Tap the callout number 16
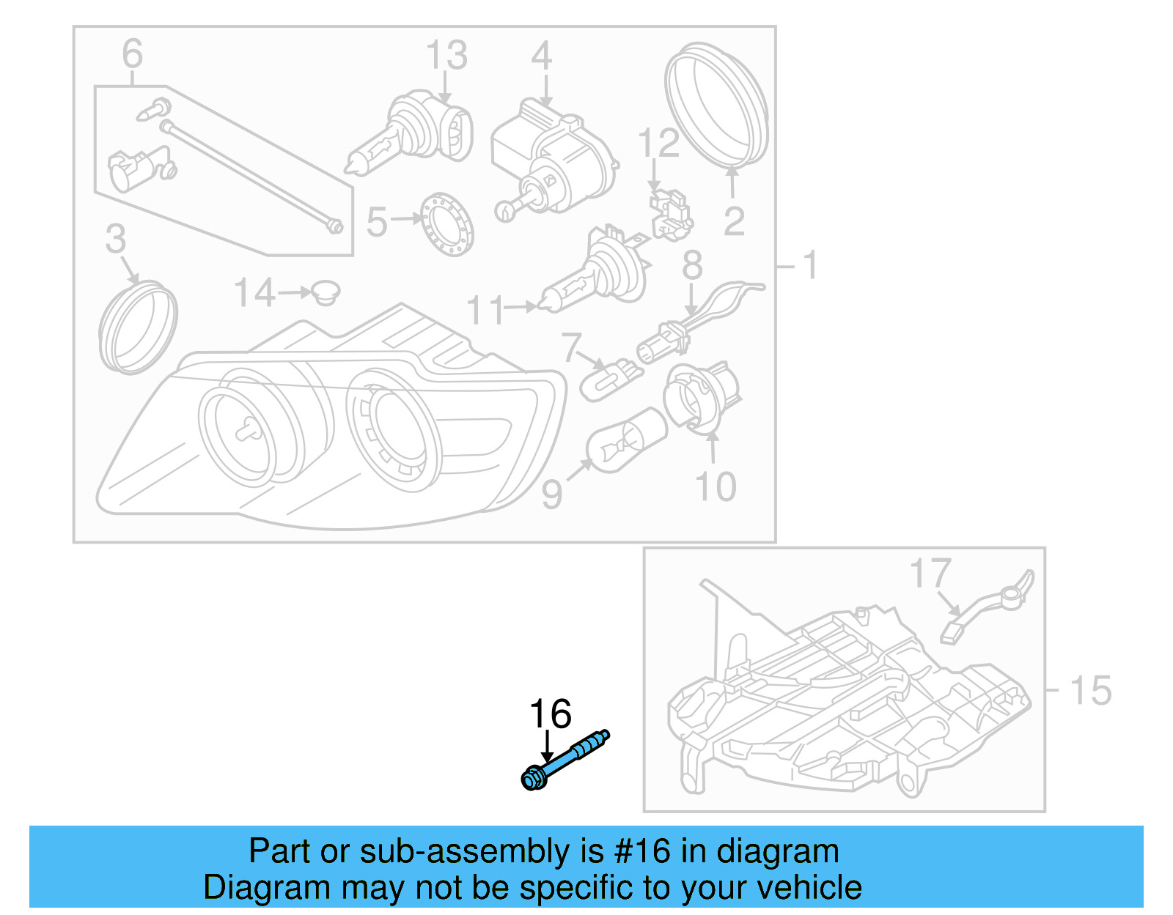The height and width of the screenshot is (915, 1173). point(551,714)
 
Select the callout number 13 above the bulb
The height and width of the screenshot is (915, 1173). point(446,55)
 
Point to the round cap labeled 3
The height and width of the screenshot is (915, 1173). point(139,326)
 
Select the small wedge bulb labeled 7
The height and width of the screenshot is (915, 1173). point(611,379)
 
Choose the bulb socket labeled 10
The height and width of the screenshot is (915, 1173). point(701,396)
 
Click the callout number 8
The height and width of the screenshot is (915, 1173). point(692,264)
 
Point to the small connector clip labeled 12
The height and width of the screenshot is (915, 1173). point(671,214)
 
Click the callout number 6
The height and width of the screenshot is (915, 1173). point(132,53)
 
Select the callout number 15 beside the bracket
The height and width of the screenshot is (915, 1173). point(1091,690)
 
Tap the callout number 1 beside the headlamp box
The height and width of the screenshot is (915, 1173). point(809,265)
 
